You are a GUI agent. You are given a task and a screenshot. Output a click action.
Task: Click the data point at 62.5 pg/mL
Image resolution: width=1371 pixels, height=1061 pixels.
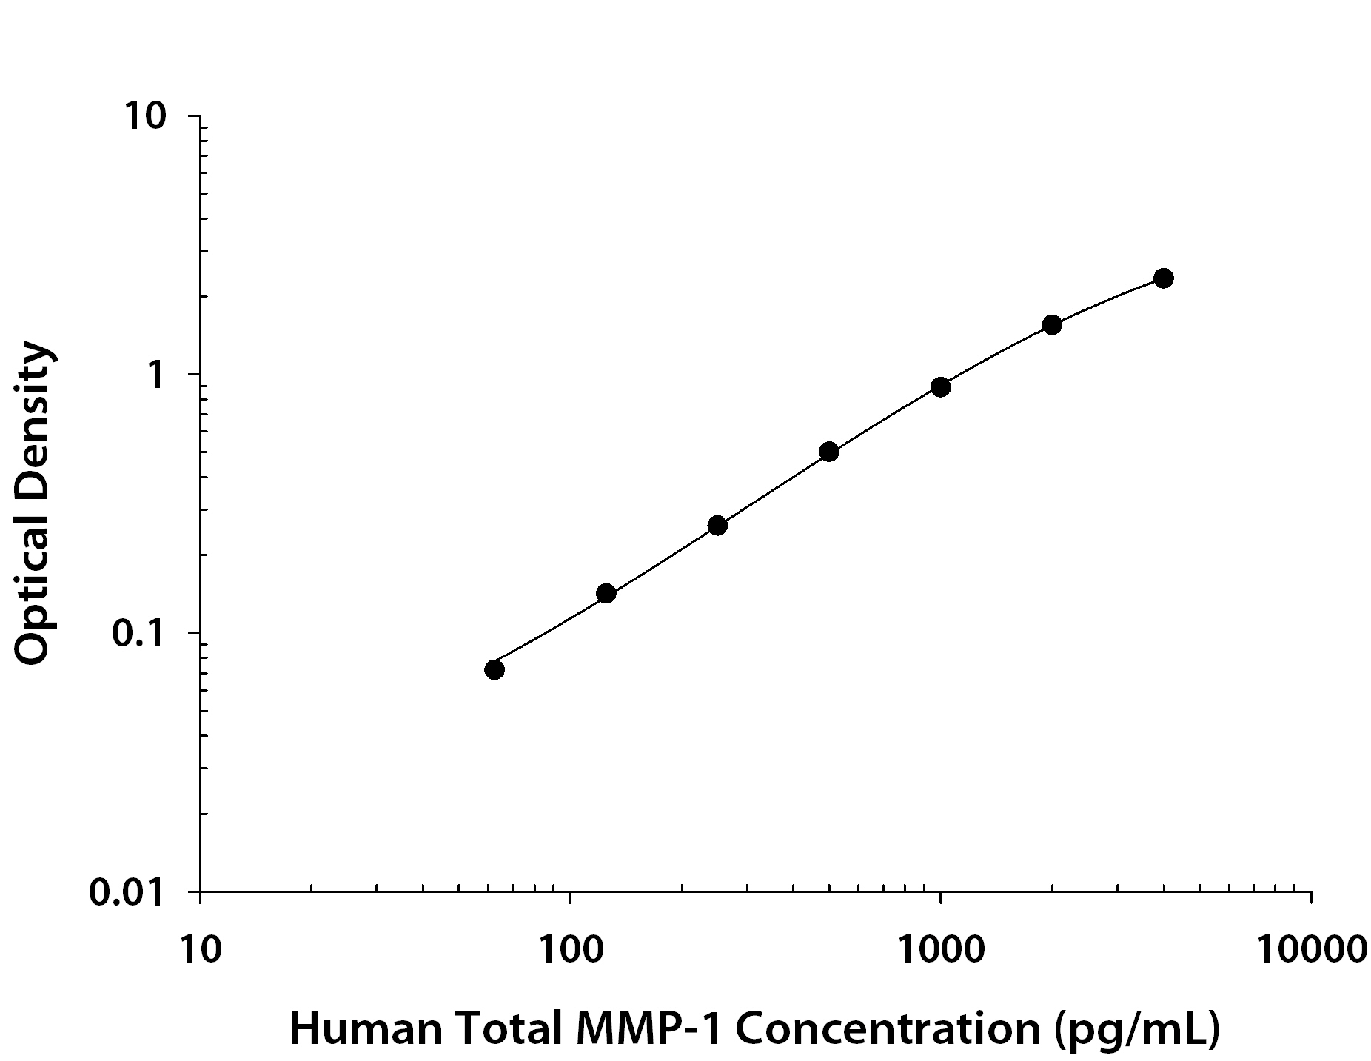[x=495, y=669]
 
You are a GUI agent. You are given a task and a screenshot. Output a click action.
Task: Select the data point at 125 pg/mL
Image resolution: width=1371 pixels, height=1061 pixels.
[x=606, y=593]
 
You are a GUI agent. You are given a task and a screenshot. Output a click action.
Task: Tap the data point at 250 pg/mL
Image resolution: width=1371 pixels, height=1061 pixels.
[x=717, y=526]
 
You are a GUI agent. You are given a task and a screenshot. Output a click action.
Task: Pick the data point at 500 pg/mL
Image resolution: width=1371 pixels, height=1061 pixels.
[x=829, y=452]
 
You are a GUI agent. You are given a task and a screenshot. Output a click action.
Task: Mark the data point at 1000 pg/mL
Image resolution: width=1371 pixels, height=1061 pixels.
[x=940, y=387]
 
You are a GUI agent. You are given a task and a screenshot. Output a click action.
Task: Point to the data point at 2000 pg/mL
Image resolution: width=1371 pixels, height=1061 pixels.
[x=1052, y=324]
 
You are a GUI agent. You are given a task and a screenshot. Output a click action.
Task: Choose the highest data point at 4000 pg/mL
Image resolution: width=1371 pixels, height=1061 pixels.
[x=1163, y=278]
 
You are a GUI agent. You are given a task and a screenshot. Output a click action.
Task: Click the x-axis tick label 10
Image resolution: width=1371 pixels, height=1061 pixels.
[x=200, y=949]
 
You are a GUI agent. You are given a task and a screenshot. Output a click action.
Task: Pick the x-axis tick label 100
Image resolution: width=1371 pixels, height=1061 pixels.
[x=570, y=949]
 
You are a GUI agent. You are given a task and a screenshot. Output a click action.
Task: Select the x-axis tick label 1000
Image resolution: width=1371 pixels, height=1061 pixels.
[x=940, y=949]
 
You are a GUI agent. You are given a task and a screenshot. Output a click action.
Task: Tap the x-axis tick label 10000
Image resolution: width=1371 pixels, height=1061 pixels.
[x=1311, y=949]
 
